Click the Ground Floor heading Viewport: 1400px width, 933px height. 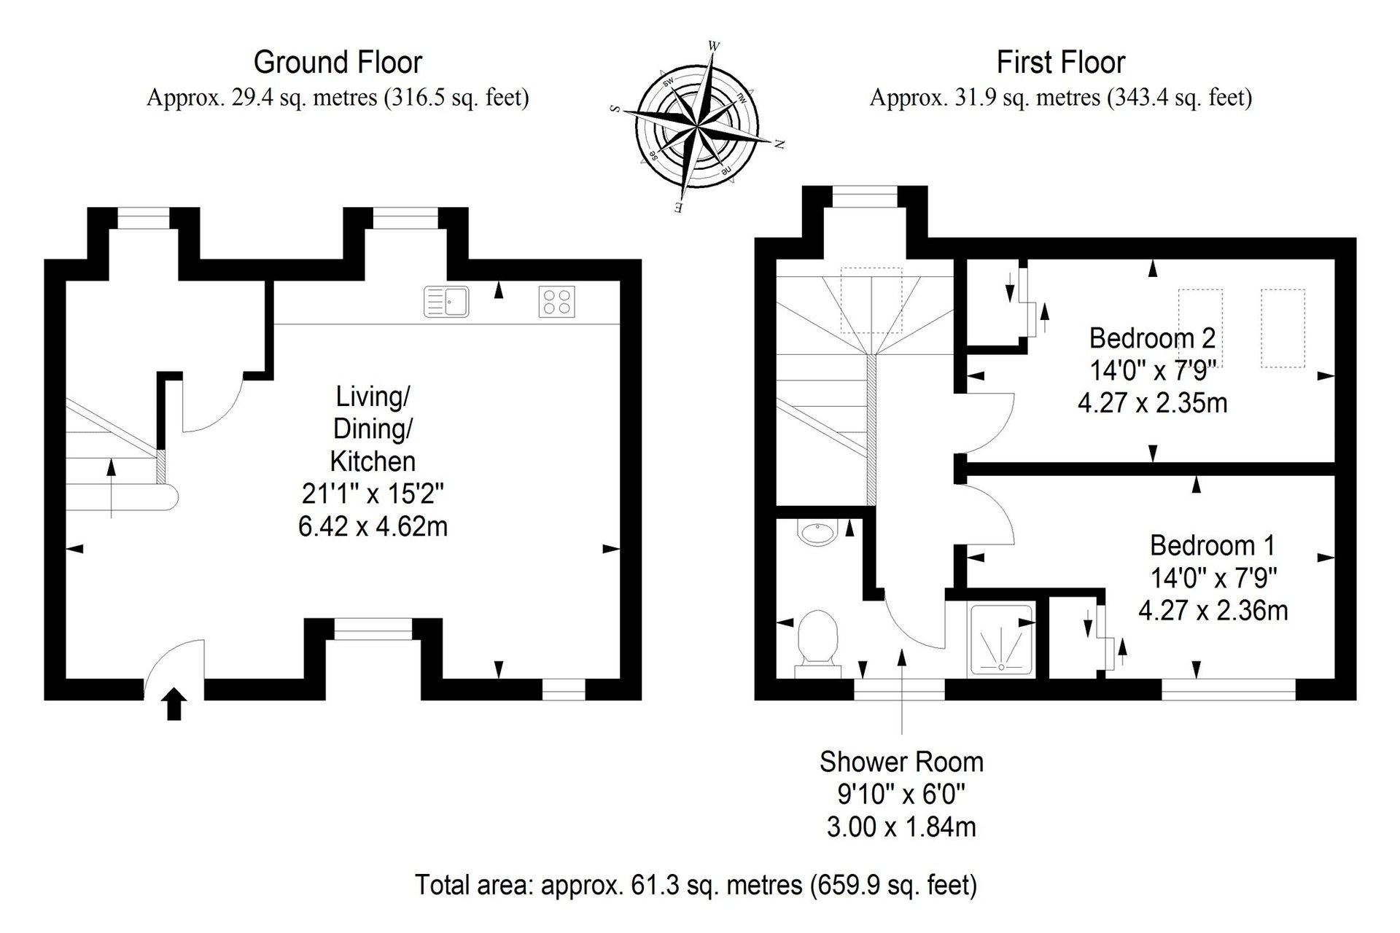tap(338, 63)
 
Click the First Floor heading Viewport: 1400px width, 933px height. tap(1060, 63)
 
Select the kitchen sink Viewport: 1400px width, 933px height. tap(446, 302)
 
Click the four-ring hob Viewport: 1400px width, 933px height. tap(556, 302)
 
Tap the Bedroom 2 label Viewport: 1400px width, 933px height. tap(1152, 338)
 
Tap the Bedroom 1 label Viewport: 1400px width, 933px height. tap(1213, 545)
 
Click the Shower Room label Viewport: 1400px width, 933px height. tap(901, 762)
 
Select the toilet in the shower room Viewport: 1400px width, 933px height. tap(817, 642)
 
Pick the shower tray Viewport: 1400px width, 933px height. tap(1001, 639)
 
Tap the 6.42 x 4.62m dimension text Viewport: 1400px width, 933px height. tap(373, 526)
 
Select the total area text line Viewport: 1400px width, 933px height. tap(696, 885)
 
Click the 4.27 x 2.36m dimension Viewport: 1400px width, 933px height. tap(1213, 610)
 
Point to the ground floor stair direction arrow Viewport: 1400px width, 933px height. tap(111, 487)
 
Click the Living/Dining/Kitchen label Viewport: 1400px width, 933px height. tap(373, 429)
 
